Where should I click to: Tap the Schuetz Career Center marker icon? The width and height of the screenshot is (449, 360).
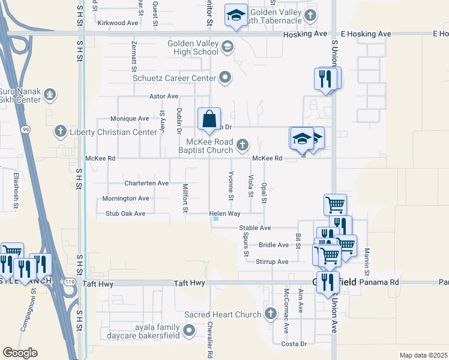click(225, 77)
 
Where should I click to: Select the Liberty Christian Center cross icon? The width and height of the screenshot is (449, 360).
click(59, 131)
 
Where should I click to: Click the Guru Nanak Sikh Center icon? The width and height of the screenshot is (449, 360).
click(50, 94)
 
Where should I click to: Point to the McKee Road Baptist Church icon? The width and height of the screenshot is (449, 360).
click(243, 145)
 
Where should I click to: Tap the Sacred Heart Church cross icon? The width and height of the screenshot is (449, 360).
click(270, 314)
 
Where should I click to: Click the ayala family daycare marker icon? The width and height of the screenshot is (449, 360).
click(190, 330)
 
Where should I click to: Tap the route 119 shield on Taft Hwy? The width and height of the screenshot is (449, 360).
click(71, 281)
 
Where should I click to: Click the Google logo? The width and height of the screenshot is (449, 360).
click(20, 353)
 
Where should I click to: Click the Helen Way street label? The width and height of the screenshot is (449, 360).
click(224, 214)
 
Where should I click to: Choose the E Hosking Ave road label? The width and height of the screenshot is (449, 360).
click(366, 34)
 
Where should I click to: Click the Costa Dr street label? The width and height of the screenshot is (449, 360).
click(294, 344)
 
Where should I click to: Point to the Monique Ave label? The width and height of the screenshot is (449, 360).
click(130, 119)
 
